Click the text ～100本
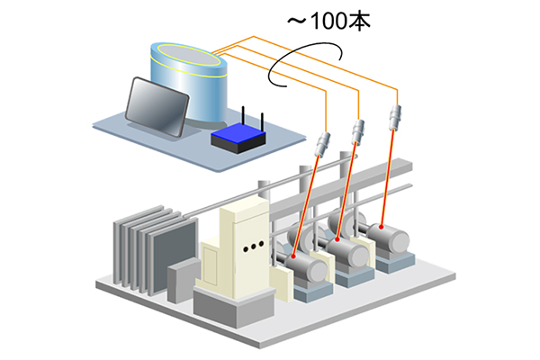coord(328,22)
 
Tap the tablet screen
coord(157,107)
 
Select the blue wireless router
coord(238,137)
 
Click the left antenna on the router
coord(243,116)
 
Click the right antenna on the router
coord(263,122)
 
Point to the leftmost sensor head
coord(323,144)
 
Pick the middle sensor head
coord(358,131)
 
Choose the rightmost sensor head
coord(395,117)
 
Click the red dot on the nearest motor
coord(293,256)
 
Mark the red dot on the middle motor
coord(337,239)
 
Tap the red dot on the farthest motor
coord(382,227)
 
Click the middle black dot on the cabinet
coord(254,247)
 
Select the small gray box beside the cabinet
coord(184,280)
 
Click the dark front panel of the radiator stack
coord(175,256)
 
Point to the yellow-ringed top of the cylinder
coord(189,55)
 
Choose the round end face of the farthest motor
coord(400,240)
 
